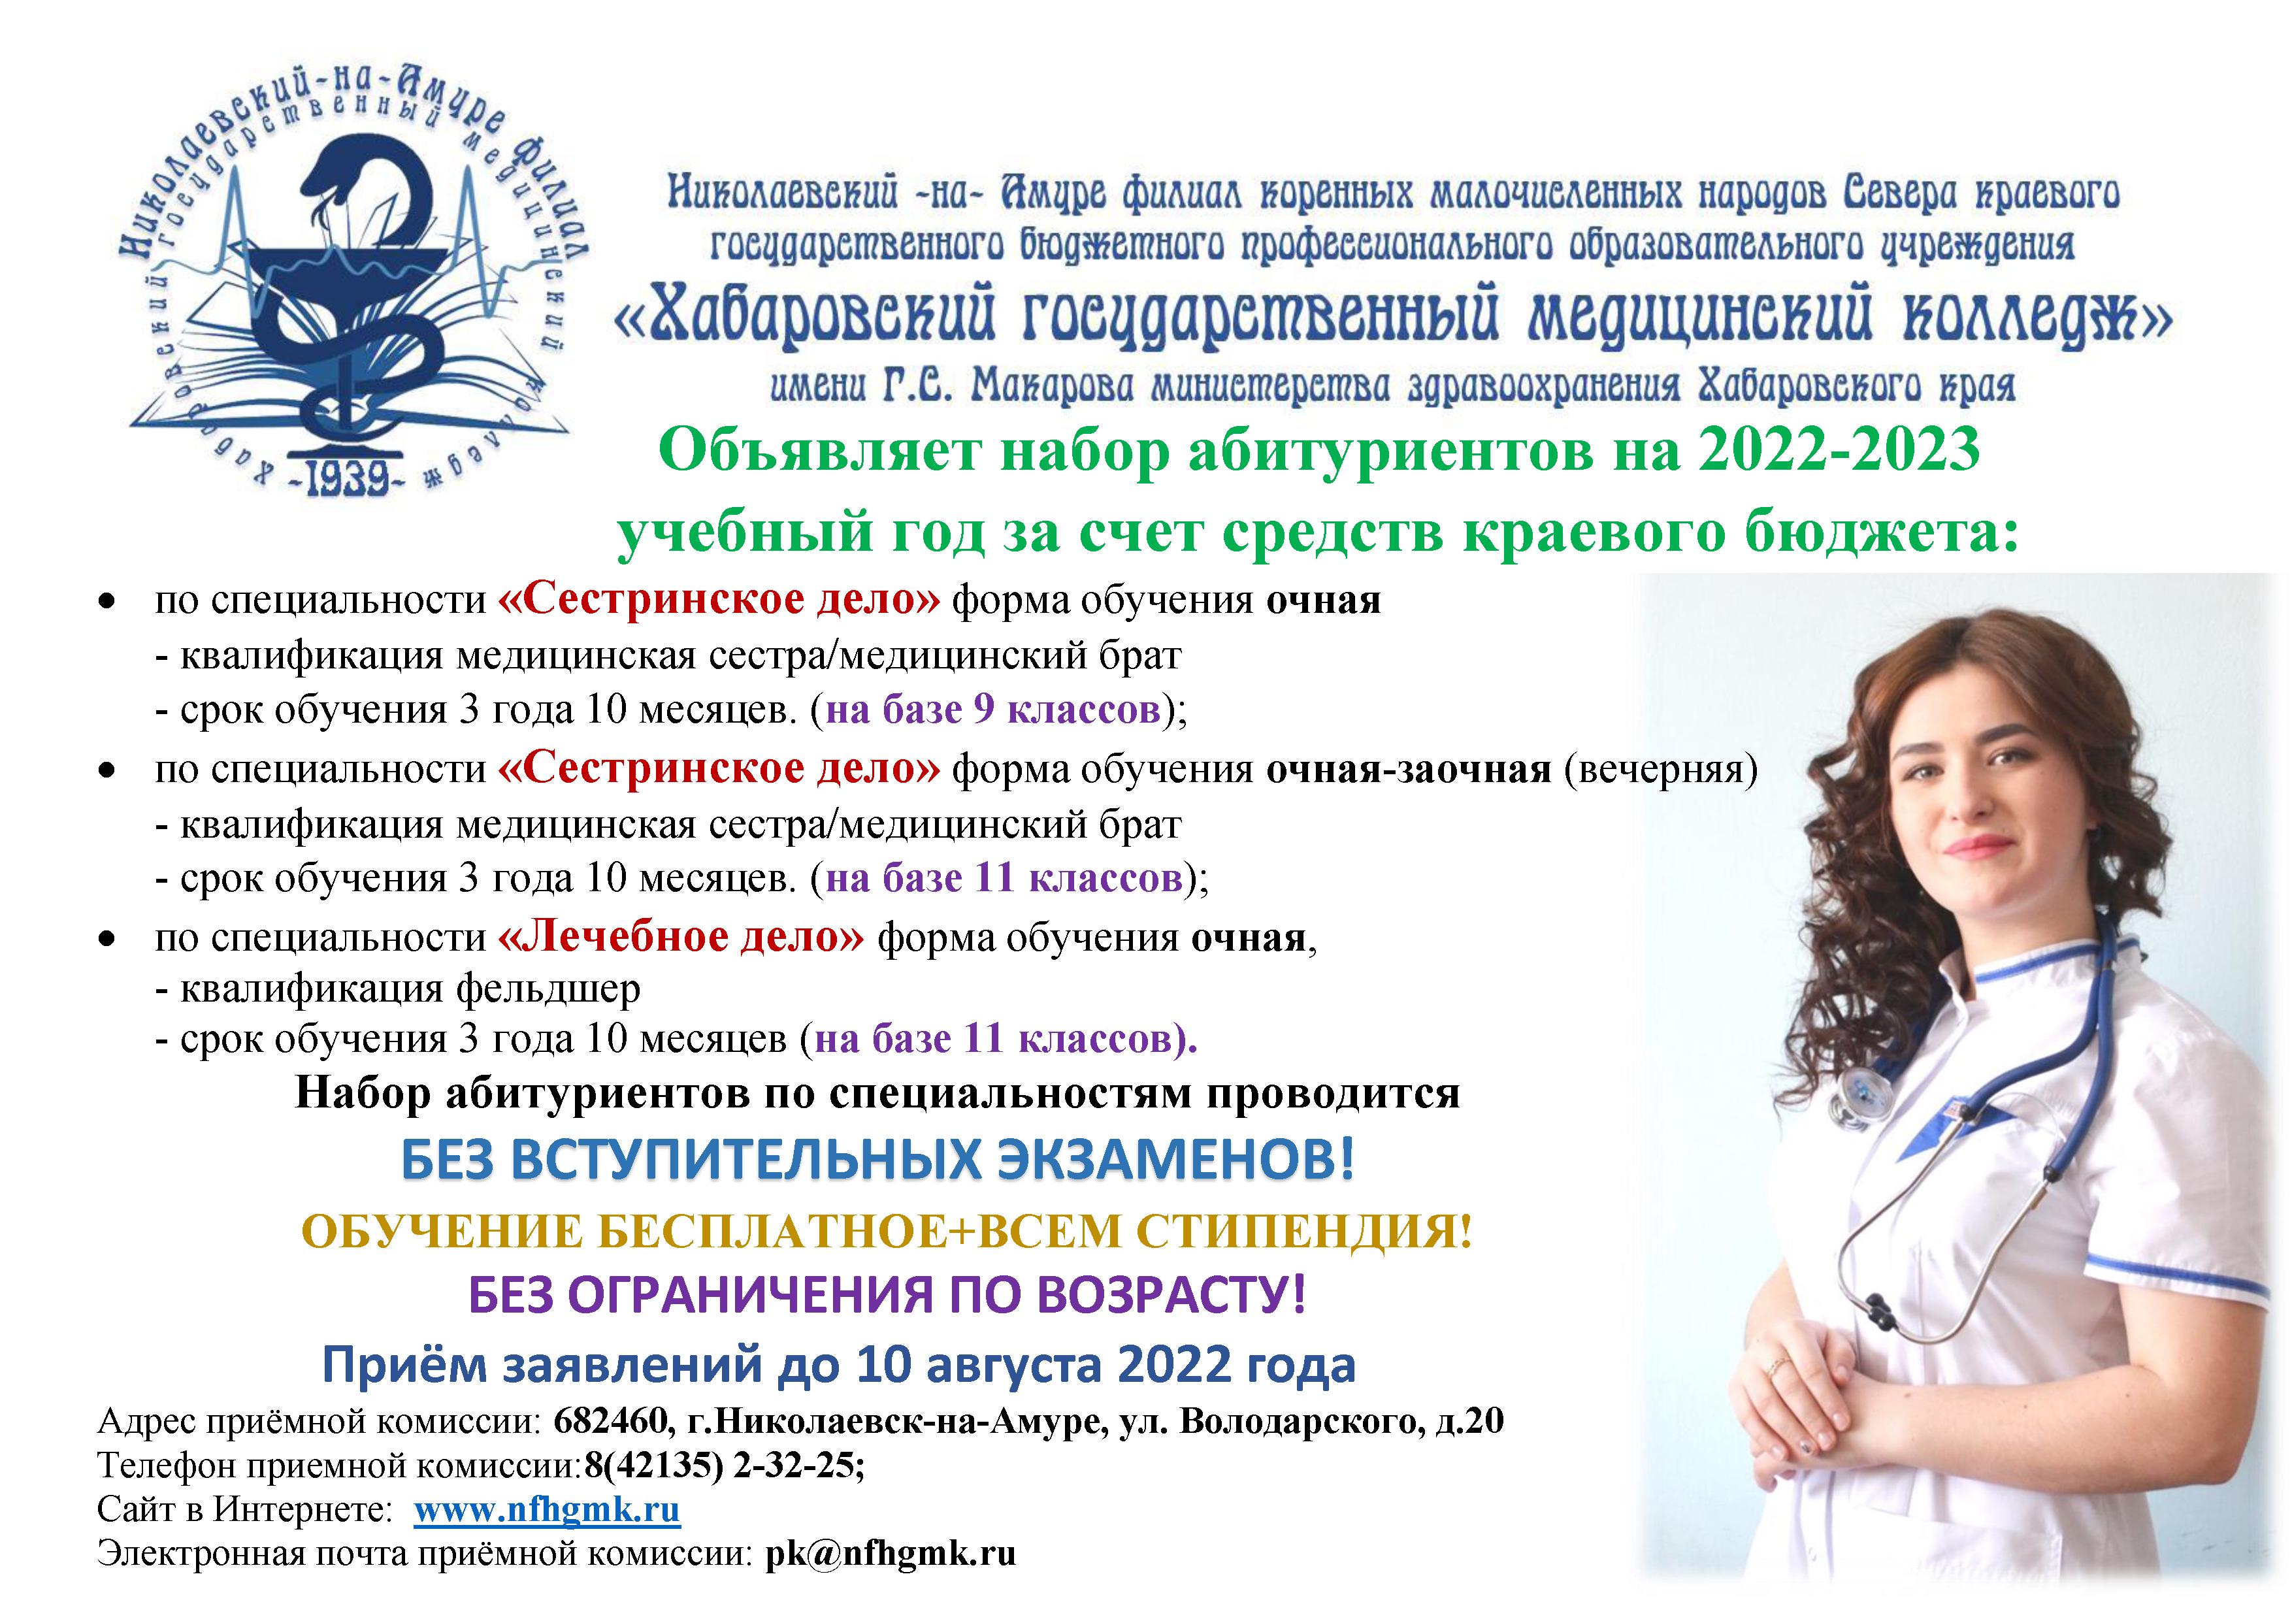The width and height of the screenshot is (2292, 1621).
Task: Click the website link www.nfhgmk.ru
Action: coord(547,1509)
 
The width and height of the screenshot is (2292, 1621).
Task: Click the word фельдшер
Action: coord(548,989)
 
